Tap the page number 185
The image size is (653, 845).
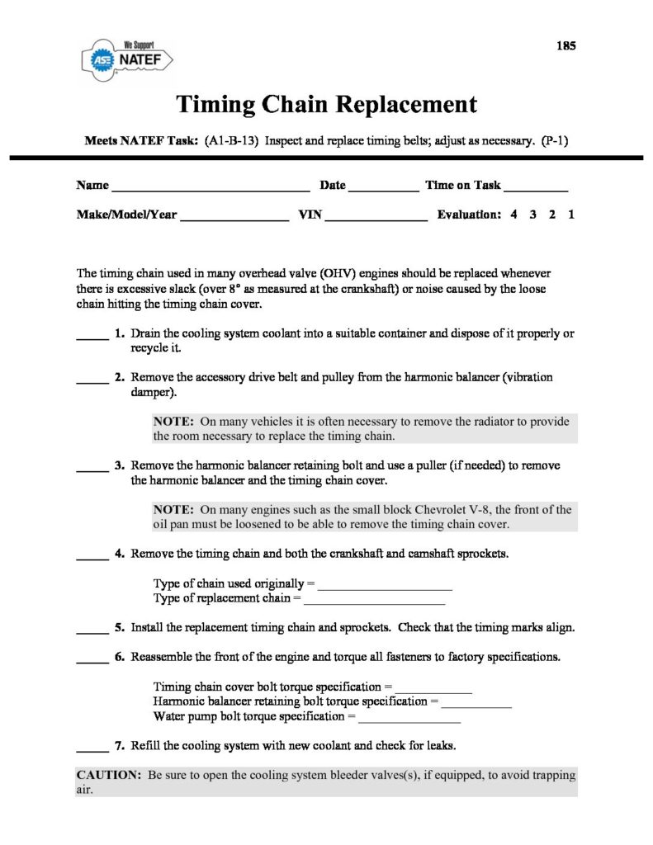[565, 45]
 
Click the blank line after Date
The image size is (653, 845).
[384, 189]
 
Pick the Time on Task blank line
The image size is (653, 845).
[536, 189]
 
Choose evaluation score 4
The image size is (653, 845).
[513, 215]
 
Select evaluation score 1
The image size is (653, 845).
[571, 215]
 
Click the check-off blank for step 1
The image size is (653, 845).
[92, 338]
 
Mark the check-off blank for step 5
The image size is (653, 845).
[92, 631]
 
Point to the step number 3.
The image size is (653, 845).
[120, 465]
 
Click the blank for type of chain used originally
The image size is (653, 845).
[386, 588]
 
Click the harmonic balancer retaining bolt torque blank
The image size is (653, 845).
[476, 706]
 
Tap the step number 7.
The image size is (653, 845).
[120, 746]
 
